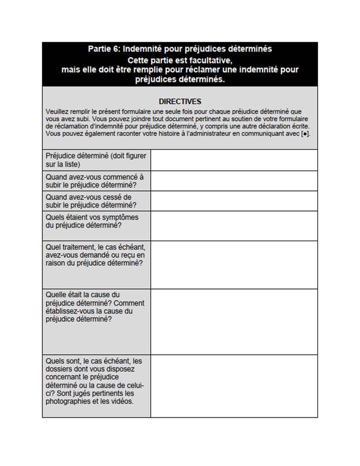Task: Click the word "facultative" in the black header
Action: point(211,60)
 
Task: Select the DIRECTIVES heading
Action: point(180,101)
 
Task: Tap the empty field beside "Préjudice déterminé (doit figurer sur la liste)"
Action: point(234,160)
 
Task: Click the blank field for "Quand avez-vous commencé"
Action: point(234,181)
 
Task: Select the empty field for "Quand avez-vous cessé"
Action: point(234,201)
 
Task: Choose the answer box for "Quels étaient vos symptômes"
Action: point(234,226)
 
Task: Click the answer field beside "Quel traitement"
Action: point(234,264)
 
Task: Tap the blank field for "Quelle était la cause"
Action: point(234,321)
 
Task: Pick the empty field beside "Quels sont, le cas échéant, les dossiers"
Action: point(234,385)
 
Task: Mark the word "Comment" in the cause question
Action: point(130,303)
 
